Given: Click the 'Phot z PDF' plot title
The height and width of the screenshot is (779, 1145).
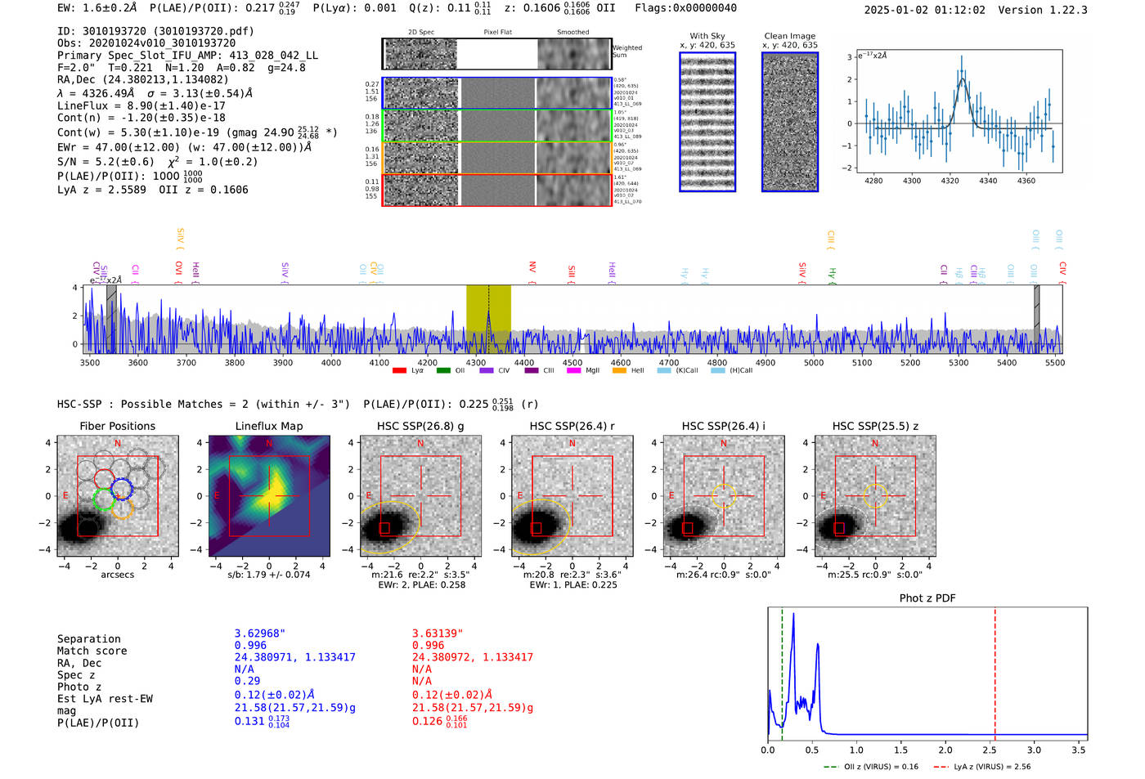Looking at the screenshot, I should click(x=927, y=598).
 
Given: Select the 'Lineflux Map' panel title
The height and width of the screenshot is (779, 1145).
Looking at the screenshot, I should click(x=269, y=426).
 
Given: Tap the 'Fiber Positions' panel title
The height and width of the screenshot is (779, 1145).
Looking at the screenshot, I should click(x=117, y=426).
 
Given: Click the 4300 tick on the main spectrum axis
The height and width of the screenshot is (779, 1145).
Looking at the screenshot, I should click(x=476, y=363).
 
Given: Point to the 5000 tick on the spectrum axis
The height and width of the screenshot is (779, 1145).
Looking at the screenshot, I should click(x=814, y=363).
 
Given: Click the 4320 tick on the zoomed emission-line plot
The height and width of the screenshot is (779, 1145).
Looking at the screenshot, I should click(x=950, y=181).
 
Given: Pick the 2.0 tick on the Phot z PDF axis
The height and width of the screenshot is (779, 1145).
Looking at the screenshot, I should click(x=945, y=750).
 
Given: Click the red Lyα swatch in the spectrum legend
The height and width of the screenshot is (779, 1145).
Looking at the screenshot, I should click(x=399, y=371).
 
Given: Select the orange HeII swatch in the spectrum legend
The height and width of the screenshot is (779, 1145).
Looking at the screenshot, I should click(x=619, y=371).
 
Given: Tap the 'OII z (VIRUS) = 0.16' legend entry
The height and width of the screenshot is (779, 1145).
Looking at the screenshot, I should click(x=872, y=767).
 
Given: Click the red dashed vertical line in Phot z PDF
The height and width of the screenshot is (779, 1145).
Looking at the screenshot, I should click(x=995, y=670).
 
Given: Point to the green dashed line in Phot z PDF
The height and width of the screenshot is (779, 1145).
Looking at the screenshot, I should click(x=782, y=670).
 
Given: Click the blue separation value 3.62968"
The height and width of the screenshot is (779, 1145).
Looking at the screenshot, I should click(x=260, y=633).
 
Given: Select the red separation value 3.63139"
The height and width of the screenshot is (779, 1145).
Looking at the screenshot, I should click(x=438, y=633).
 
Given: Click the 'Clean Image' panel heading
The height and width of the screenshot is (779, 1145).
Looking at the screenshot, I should click(x=790, y=36).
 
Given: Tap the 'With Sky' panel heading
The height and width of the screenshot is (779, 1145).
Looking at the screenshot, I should click(x=707, y=36).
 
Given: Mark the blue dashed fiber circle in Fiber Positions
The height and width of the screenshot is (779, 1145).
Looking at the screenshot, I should click(x=122, y=490).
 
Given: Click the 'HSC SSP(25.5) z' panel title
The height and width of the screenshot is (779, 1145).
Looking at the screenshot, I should click(x=875, y=426).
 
